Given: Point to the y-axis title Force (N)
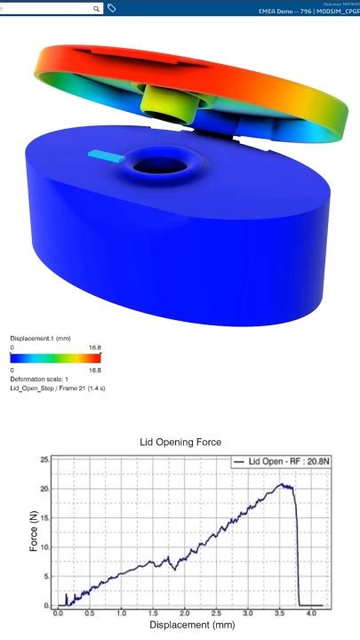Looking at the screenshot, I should point(33,532).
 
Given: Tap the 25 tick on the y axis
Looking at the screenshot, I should point(44,460).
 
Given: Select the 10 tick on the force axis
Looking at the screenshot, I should point(44,548).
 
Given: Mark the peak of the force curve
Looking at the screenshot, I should point(283,484).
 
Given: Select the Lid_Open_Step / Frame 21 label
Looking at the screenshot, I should point(58,388).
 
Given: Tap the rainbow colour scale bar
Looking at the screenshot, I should point(55,357).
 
